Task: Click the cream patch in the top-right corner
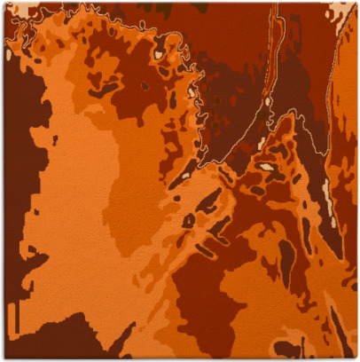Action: (x=343, y=12)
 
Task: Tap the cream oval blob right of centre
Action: (x=266, y=166)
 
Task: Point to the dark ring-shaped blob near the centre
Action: (x=190, y=218)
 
